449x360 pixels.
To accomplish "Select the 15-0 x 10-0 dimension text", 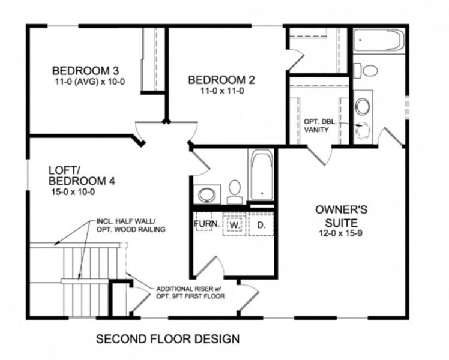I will pos(73,193).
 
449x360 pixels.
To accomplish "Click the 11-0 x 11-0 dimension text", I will pos(221,91).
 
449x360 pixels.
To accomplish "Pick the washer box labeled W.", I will pos(235,225).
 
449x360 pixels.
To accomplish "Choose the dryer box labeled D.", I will pos(261,225).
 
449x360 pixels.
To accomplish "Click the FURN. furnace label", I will pos(205,224).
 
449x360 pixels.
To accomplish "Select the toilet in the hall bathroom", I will pos(235,188).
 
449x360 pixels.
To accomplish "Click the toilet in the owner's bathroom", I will pos(369,71).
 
